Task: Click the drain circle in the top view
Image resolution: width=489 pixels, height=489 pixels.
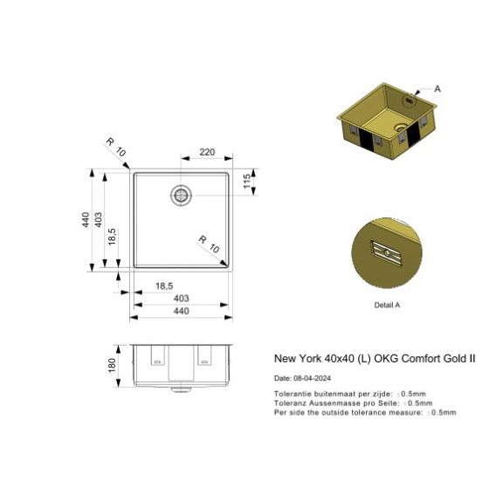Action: click(182, 194)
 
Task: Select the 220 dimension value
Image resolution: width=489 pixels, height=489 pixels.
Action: click(207, 152)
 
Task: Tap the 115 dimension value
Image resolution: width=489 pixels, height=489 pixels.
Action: click(247, 182)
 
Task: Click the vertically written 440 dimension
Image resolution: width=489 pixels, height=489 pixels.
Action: click(86, 220)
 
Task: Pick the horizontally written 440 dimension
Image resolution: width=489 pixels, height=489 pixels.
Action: click(182, 311)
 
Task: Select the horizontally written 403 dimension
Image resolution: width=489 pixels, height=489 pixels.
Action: click(182, 298)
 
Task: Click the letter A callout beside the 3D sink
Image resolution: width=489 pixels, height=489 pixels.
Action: click(437, 89)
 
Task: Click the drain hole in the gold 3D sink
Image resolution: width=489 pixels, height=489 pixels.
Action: click(400, 128)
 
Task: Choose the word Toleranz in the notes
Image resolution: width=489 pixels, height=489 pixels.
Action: click(289, 403)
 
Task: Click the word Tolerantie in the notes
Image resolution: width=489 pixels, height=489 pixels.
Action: click(291, 394)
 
